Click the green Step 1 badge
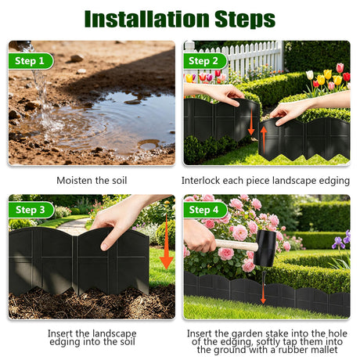pos(31,61)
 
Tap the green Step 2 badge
pos(205,61)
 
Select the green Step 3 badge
pos(31,210)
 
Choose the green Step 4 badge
pos(205,210)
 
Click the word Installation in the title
pos(147,19)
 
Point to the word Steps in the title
pos(245,20)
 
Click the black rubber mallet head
pos(266,248)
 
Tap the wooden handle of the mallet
pos(236,245)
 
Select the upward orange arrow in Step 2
pos(264,139)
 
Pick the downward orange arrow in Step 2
pos(251,122)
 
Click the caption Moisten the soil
pos(92,181)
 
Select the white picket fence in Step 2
pos(233,59)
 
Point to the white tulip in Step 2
pos(310,75)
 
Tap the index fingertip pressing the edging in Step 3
pos(105,246)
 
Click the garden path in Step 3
pos(74,225)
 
